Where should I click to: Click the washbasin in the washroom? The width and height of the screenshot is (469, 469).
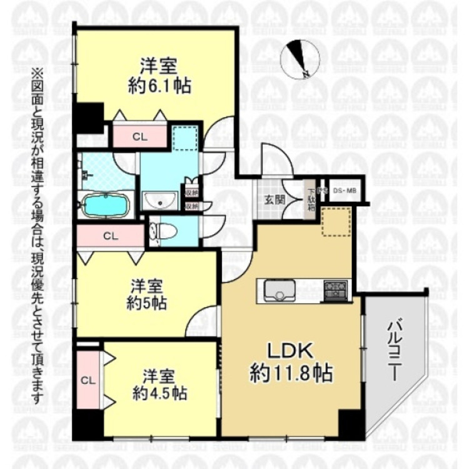(x=160, y=201)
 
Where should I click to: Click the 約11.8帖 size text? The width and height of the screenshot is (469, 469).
(x=291, y=375)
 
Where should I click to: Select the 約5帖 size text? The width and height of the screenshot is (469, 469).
(x=148, y=305)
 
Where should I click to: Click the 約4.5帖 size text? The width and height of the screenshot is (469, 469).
(x=159, y=393)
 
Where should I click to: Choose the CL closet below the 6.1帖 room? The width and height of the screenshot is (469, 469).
(x=139, y=137)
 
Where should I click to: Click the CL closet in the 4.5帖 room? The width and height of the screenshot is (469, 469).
(x=88, y=380)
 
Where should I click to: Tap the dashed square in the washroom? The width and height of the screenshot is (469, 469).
(x=185, y=138)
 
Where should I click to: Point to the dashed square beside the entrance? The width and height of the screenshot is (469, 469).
(x=336, y=221)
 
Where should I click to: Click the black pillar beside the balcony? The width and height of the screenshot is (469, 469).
(x=346, y=424)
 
